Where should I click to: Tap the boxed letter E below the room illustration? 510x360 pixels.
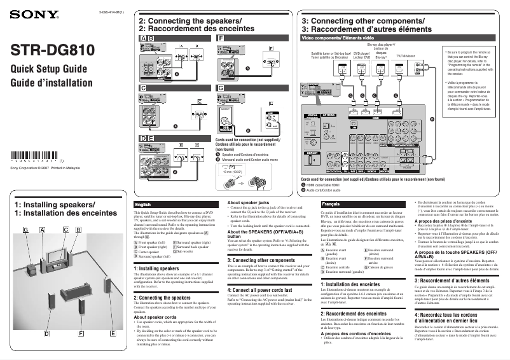coord(113,333)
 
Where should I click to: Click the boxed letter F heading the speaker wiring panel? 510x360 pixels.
coord(220,38)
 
